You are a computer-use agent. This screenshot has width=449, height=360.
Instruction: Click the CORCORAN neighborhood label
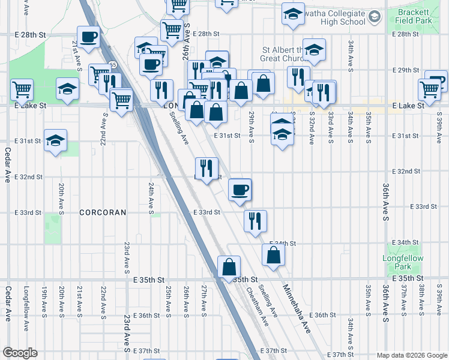point(103,212)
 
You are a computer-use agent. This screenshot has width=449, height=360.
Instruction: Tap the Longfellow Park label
point(403,262)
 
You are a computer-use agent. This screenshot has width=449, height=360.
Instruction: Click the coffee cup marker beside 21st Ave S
point(88,37)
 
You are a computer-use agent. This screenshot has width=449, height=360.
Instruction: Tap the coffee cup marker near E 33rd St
point(240,191)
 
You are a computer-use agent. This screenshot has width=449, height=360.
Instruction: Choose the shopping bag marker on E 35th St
point(229,267)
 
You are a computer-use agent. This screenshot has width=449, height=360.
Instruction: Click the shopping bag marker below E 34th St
point(273,255)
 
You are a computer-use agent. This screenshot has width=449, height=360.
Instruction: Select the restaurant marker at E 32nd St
point(206,169)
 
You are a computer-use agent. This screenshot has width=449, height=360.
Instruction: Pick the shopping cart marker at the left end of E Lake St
point(22,91)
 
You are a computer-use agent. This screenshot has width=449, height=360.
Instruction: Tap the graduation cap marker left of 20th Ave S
point(56,141)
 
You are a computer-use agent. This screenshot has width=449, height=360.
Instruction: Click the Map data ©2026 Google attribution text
point(411,355)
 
